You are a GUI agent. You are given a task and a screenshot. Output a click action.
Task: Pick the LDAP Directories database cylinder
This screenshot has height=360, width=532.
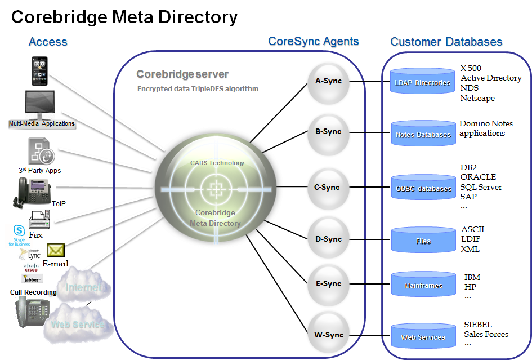(x=422, y=82)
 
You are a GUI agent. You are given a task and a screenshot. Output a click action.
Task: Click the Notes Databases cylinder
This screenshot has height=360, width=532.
(x=423, y=134)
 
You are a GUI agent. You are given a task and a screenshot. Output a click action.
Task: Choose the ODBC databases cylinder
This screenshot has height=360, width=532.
(x=423, y=188)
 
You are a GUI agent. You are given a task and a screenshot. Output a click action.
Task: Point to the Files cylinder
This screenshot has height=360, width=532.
(x=423, y=241)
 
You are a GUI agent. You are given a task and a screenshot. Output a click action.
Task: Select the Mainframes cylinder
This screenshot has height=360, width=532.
(x=423, y=285)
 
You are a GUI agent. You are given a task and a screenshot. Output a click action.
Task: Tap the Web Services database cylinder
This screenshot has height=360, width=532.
(x=423, y=337)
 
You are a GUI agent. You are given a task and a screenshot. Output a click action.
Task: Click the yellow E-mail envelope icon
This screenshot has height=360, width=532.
(x=56, y=251)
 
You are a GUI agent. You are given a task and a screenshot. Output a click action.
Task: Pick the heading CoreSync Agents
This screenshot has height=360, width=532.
(x=314, y=41)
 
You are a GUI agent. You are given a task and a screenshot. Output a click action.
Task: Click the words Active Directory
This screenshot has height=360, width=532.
(x=491, y=78)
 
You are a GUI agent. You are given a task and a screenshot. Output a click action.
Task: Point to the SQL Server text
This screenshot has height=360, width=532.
(x=481, y=186)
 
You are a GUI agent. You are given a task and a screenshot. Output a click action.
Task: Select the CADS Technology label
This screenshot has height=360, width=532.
(x=217, y=163)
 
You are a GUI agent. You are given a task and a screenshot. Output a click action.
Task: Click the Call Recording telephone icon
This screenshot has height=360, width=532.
(x=32, y=312)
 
